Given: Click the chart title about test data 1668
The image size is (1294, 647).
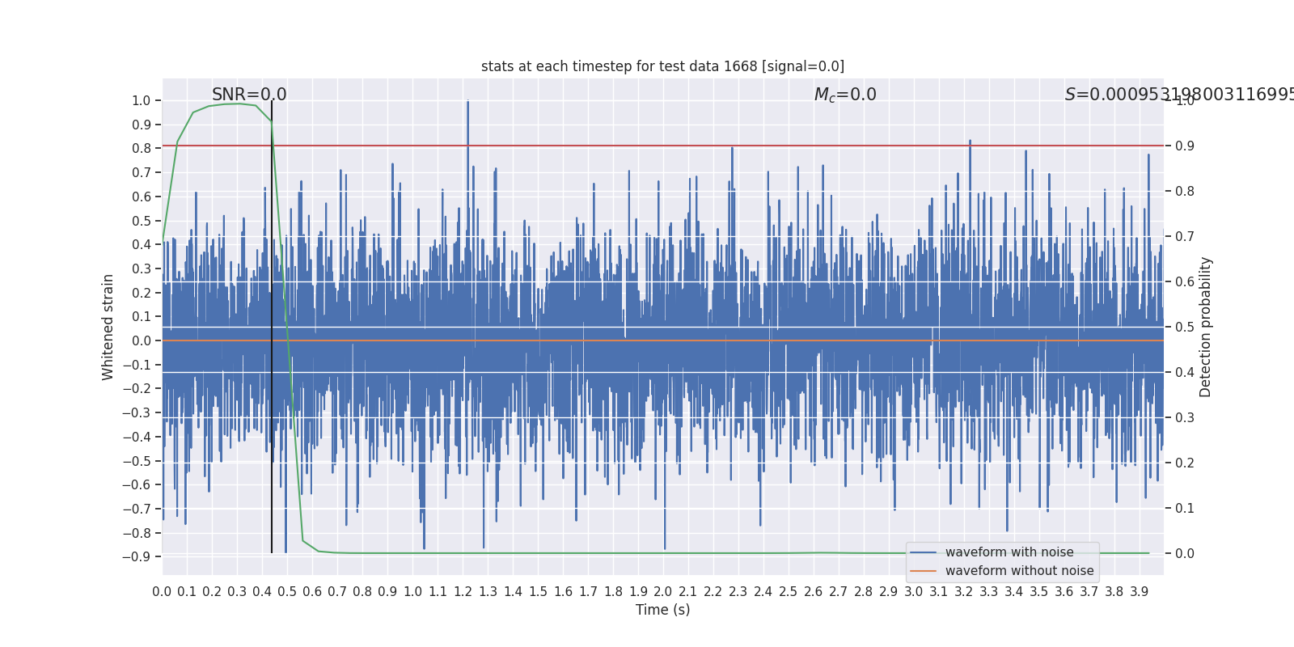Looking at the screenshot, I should point(662,66).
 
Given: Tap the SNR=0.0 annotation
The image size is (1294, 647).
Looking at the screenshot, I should point(249,95).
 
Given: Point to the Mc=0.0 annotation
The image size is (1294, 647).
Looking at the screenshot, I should point(845,95).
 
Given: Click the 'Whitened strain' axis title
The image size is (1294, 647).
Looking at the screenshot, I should point(108,327).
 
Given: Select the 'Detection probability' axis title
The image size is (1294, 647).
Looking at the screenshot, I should point(1206,327).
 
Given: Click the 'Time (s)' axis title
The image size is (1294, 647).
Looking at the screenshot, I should point(662,610).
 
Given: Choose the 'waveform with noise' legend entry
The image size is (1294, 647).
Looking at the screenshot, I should point(1009,552).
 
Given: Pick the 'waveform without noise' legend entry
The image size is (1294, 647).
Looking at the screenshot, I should point(1019,571).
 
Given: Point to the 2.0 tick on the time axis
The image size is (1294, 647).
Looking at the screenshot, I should point(663,592).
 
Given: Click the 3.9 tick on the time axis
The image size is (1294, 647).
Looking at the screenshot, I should point(1140,592).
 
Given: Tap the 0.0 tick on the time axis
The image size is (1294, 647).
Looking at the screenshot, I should point(162,592).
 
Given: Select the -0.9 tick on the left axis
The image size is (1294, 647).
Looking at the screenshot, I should point(137,556).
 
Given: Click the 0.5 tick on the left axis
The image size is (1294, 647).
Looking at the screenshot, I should point(141,221).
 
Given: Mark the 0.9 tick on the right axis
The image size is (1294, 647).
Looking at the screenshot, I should point(1184,146).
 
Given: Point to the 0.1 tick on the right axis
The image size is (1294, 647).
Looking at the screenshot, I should point(1184,508).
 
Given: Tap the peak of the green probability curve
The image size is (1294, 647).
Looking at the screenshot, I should point(239,104).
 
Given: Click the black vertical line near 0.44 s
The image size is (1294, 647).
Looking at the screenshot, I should point(272,323).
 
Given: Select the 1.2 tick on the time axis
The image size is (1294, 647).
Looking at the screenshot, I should point(463,592).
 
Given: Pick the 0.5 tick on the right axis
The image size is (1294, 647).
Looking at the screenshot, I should point(1184,327).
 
